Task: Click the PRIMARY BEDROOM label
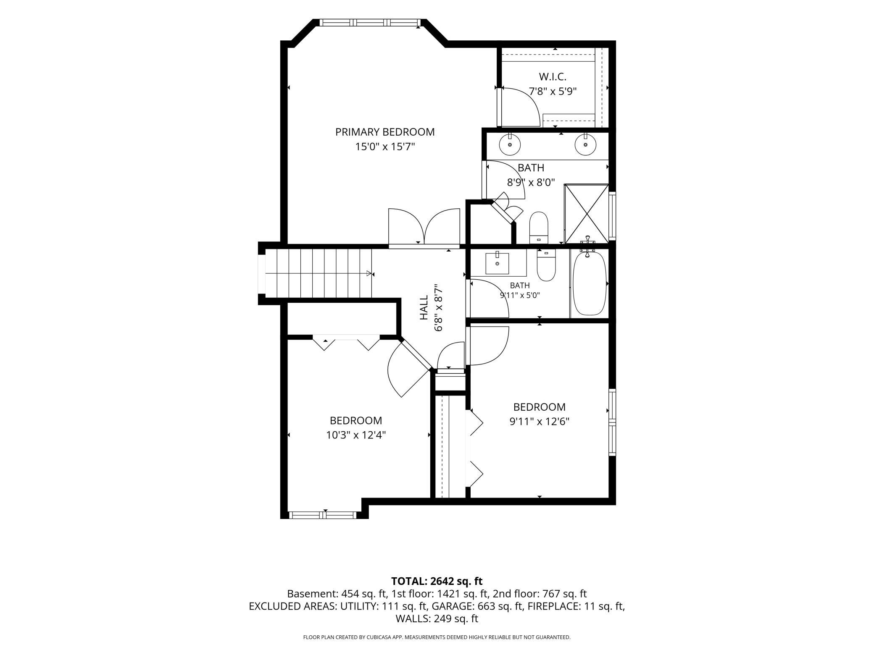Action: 385,132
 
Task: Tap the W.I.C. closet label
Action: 553,77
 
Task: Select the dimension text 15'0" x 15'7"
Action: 385,147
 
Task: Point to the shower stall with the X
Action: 586,214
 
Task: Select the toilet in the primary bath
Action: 539,228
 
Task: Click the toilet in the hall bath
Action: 546,265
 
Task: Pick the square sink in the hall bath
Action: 497,263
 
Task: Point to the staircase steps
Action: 319,273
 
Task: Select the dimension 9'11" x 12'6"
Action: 540,422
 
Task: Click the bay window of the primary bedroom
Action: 370,23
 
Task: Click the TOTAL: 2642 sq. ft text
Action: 437,581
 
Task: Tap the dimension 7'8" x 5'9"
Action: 553,92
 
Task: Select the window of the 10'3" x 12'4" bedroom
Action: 324,515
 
